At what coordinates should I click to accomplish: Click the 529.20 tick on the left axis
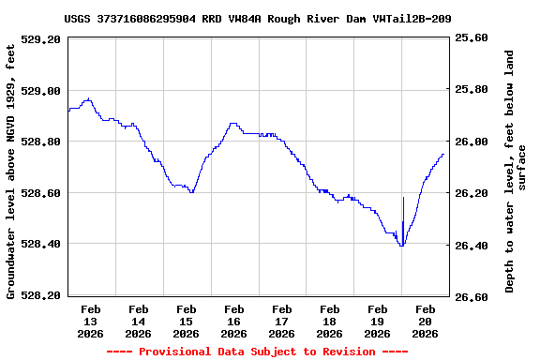(42, 39)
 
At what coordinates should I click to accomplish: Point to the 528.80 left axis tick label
(42, 142)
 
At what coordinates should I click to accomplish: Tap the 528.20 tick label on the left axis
(42, 295)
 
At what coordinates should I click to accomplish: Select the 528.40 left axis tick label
(42, 244)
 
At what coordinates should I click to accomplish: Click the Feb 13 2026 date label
(91, 321)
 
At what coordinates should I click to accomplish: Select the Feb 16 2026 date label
(234, 321)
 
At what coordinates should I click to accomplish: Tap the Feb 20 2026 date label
(426, 321)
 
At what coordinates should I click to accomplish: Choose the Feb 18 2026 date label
(330, 321)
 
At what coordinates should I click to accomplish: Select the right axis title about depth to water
(516, 172)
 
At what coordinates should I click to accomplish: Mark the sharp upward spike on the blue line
(403, 197)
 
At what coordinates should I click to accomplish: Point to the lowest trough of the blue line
(401, 245)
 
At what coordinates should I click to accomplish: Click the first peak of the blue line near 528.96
(87, 99)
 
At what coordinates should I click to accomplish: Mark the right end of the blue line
(442, 155)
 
